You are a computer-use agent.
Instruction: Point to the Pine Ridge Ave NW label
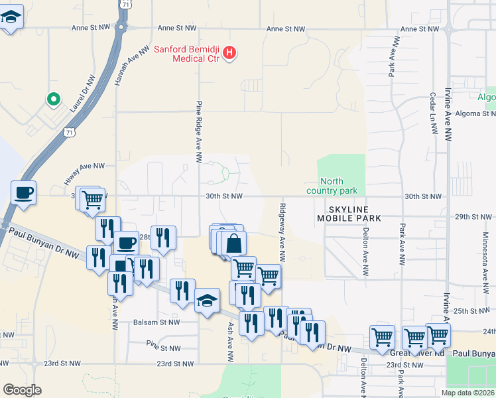tap(198, 132)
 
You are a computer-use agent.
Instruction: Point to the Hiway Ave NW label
tap(84, 166)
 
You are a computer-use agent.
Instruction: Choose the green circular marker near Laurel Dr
tap(53, 99)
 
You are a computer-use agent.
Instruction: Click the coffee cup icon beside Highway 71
tap(24, 193)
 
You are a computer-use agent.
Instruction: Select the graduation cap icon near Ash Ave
tap(207, 301)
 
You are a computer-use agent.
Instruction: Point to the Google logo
tap(22, 390)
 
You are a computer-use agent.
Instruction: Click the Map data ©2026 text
tap(467, 393)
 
